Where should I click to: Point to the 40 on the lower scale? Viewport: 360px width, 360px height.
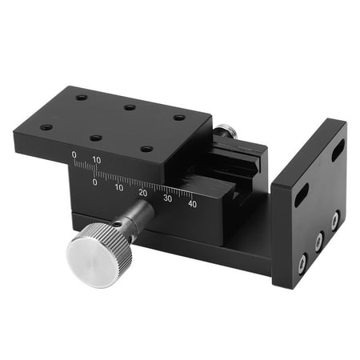[x=192, y=203]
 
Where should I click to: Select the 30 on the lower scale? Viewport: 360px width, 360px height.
[x=168, y=198]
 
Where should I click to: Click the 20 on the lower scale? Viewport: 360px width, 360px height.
[x=143, y=192]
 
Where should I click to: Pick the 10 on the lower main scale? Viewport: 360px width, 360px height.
[x=119, y=187]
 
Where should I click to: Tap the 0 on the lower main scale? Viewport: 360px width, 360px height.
[x=95, y=182]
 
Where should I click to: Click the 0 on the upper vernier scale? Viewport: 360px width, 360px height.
[x=74, y=154]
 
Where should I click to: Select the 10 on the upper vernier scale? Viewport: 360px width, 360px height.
[x=97, y=159]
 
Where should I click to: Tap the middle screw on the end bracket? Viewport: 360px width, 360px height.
[x=319, y=238]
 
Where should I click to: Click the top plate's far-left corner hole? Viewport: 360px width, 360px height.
[x=82, y=98]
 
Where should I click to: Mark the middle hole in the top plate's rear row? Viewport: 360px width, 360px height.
[x=130, y=107]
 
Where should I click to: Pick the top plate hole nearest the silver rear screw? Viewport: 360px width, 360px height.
[x=179, y=118]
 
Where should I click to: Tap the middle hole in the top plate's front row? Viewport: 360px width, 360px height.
[x=96, y=138]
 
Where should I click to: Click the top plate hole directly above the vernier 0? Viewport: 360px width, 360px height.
[x=46, y=126]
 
